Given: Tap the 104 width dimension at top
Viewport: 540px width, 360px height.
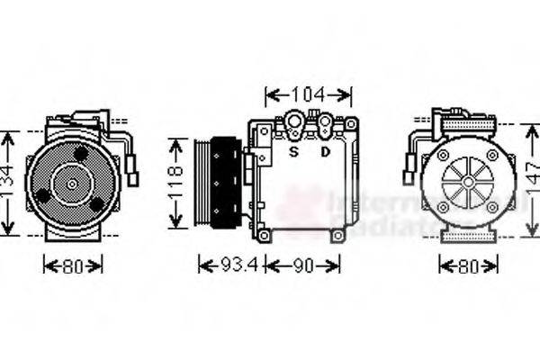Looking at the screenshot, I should pyautogui.click(x=308, y=94).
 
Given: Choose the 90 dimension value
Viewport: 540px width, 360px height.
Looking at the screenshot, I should pyautogui.click(x=303, y=265).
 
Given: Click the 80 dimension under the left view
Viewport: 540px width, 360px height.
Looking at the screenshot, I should pyautogui.click(x=73, y=265).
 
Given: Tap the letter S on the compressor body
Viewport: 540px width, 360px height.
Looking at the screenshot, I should pyautogui.click(x=293, y=151).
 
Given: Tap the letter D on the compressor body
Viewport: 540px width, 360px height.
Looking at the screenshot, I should pyautogui.click(x=324, y=151).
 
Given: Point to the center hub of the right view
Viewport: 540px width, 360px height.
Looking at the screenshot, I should pyautogui.click(x=468, y=182).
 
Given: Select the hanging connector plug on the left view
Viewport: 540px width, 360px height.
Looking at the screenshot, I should pyautogui.click(x=133, y=172).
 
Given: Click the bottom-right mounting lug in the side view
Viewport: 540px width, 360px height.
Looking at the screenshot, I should pyautogui.click(x=337, y=236).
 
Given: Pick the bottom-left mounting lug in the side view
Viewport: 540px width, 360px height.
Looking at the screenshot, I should pyautogui.click(x=264, y=235).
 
